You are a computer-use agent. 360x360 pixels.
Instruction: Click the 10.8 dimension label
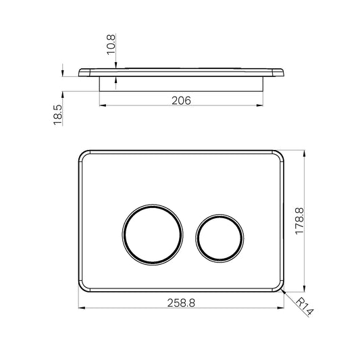pos(111,45)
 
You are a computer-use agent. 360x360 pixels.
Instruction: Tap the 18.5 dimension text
pos(58,115)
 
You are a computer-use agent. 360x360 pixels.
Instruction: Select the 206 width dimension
pos(181,101)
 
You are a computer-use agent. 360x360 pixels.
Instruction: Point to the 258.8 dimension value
pos(181,303)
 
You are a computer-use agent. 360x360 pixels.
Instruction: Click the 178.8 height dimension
pos(300,221)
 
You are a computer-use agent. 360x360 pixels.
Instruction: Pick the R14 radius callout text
pos(305,307)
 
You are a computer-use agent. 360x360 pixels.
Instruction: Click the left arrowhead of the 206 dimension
pos(103,105)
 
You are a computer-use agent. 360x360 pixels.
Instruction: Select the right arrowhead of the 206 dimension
pos(260,105)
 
